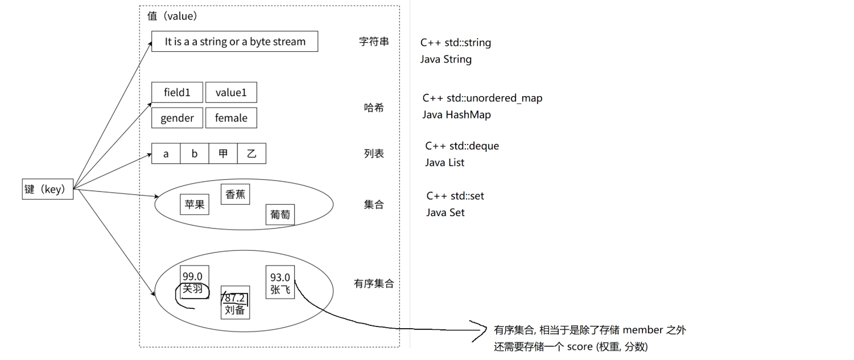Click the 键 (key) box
pos(48,189)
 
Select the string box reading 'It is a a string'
pos(234,42)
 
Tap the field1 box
pos(177,92)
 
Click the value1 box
pos(230,92)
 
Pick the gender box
pos(177,118)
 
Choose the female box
pos(230,118)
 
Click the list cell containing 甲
pos(223,154)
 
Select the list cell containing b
pos(195,154)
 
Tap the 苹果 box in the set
pos(195,205)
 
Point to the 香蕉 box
pos(235,194)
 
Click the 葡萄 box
pos(280,214)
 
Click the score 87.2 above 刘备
pos(235,298)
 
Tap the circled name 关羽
pos(192,289)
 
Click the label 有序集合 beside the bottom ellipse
pos(374,283)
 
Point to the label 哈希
pos(374,107)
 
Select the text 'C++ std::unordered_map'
pos(482,98)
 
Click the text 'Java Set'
pos(445,213)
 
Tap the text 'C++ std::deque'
pos(462,146)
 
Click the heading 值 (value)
pos(172,16)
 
